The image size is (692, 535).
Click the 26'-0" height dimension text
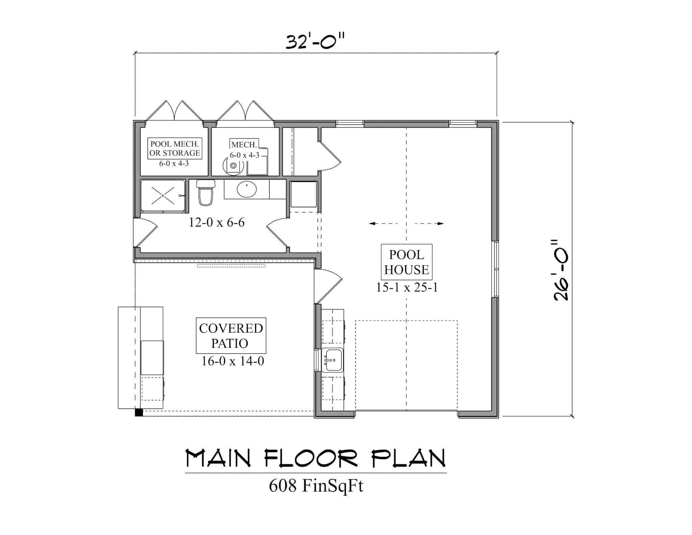click(x=561, y=271)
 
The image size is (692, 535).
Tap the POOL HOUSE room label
click(x=406, y=262)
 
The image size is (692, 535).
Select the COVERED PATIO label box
click(x=231, y=335)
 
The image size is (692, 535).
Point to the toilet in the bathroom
click(x=206, y=193)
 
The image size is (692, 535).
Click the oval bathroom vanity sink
click(x=247, y=190)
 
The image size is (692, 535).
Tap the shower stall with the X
click(x=163, y=196)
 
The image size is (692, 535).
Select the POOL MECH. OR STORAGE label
click(x=175, y=149)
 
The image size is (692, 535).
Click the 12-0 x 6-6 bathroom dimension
click(x=217, y=223)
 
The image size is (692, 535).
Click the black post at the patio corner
click(x=139, y=413)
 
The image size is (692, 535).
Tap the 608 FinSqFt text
click(x=316, y=486)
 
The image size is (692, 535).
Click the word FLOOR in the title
click(x=311, y=459)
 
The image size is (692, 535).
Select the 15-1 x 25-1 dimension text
click(x=407, y=288)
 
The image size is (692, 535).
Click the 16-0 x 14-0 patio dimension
click(x=232, y=362)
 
